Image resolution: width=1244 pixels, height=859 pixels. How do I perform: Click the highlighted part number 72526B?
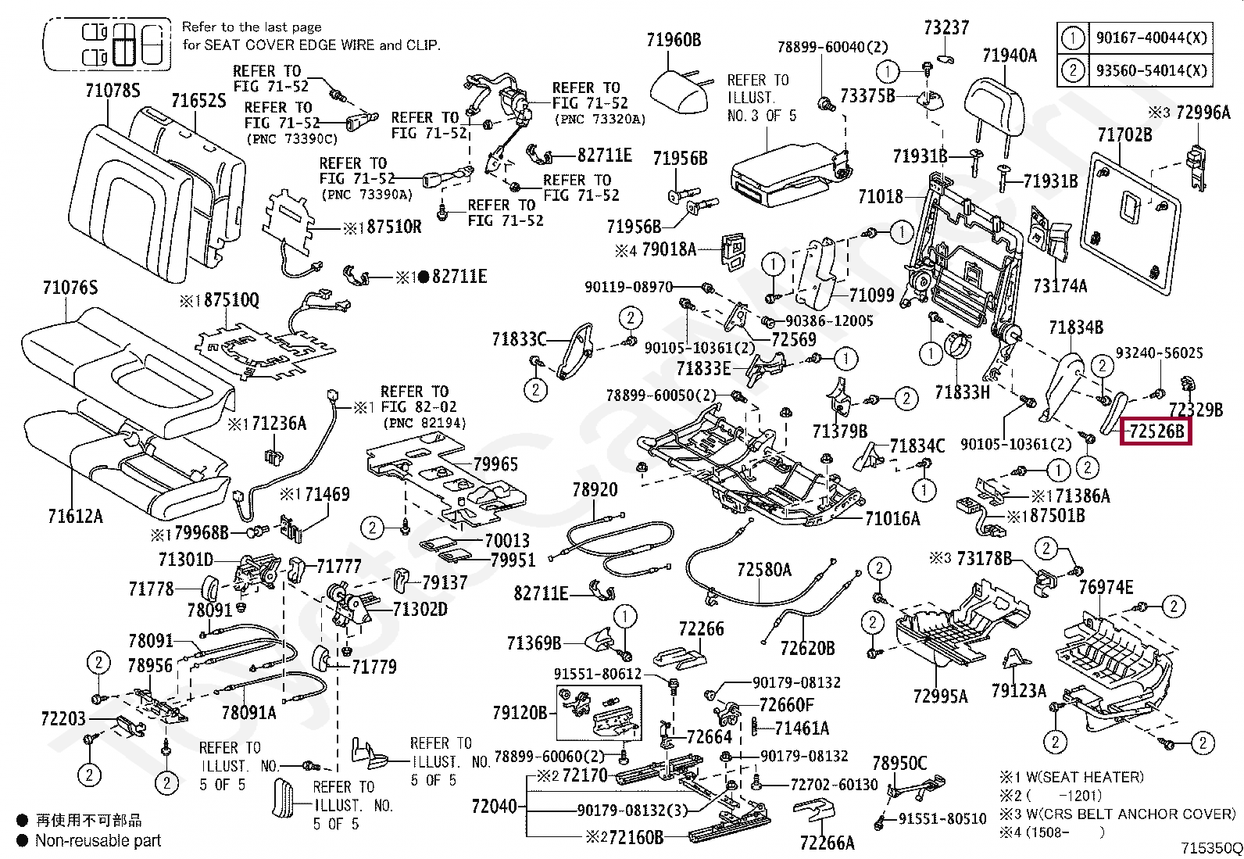point(1156,431)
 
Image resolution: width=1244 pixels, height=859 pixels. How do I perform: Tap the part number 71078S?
point(113,91)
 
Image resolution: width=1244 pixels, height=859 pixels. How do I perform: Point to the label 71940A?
point(1010,55)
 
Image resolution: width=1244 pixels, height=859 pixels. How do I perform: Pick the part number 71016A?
point(892,518)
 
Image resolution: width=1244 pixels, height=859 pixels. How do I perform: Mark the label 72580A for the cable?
point(764,570)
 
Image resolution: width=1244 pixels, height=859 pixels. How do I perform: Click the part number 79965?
point(495,464)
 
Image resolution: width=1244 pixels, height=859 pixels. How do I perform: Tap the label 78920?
point(595,490)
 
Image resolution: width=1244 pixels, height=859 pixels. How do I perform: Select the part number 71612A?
point(75,516)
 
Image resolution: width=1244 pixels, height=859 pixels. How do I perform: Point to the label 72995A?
point(939,696)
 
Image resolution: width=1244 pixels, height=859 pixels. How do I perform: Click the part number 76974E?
point(1106,587)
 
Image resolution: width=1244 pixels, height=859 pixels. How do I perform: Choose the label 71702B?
point(1124,135)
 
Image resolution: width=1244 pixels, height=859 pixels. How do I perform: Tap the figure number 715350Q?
point(1210,848)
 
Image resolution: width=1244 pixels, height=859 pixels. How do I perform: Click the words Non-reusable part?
point(98,841)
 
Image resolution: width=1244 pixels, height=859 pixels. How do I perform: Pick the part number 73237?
point(946,28)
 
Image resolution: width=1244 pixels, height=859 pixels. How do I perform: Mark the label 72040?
point(495,806)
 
